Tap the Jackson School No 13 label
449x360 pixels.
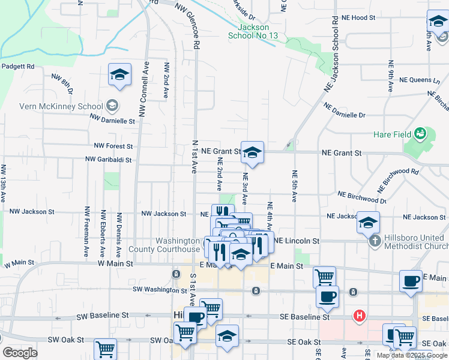point(253,32)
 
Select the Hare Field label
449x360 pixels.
point(391,134)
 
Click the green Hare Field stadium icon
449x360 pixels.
point(420,132)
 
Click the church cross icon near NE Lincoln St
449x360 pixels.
point(375,242)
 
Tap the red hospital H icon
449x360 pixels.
point(360,315)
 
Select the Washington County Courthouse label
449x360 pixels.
point(178,245)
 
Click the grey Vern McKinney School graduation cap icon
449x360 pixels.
point(112,107)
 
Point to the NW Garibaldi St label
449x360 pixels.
point(109,160)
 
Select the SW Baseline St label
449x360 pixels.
point(104,314)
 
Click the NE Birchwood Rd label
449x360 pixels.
point(397,178)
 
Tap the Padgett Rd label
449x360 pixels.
point(18,67)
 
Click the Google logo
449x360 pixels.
point(19,353)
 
